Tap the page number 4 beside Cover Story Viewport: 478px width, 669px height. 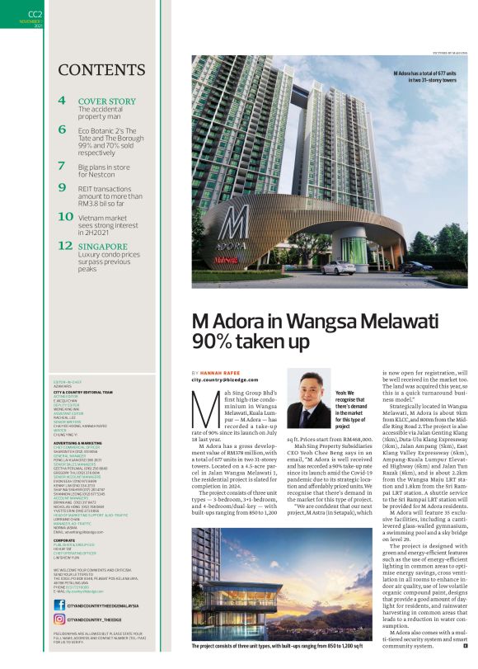[63, 102]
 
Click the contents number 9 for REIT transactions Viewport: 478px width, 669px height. [63, 188]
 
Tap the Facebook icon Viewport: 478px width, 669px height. [59, 604]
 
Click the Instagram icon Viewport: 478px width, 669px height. [59, 619]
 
